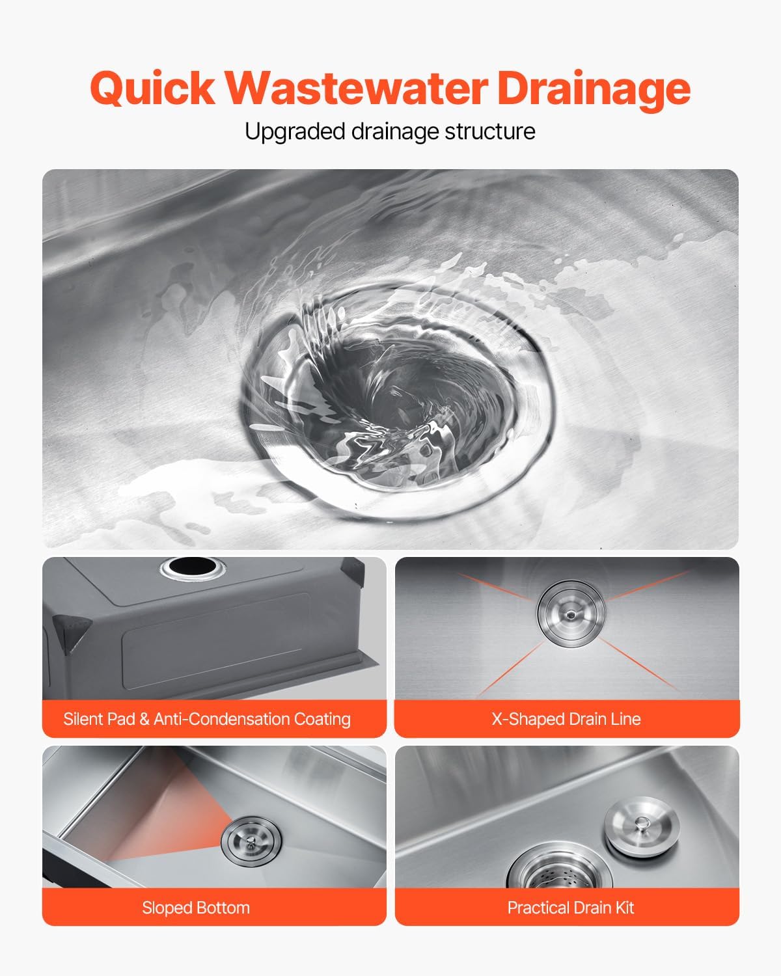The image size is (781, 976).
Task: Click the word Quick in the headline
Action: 152,88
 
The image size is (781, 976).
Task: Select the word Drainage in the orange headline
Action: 594,90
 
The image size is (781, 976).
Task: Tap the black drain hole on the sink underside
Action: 193,567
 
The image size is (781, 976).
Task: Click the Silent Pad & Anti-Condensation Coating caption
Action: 207,719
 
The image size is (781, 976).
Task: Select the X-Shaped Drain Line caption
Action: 566,719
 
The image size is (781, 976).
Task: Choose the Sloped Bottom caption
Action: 196,908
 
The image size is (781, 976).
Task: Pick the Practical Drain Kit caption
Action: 571,908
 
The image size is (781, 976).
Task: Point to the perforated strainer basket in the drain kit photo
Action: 560,870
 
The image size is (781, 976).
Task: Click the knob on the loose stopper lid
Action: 642,822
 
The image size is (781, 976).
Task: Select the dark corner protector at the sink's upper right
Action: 353,573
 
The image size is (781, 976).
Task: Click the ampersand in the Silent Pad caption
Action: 144,719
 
